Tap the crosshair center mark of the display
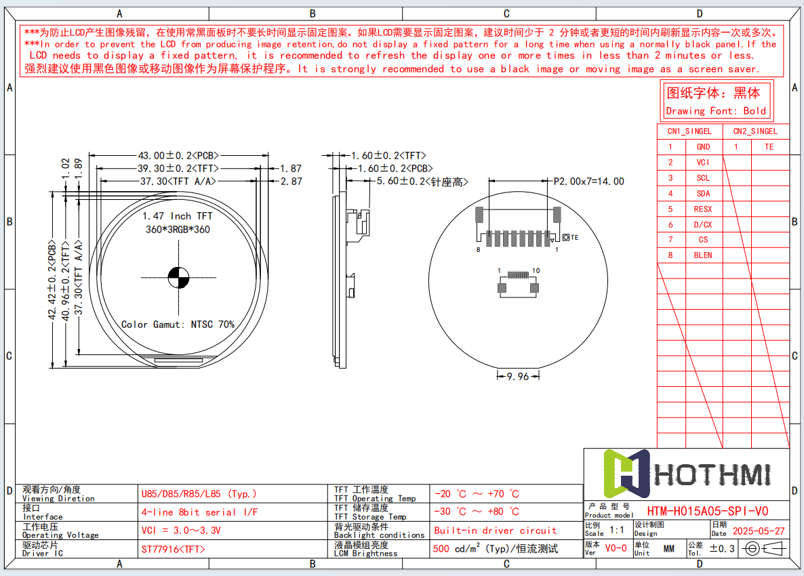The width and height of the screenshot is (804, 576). (178, 276)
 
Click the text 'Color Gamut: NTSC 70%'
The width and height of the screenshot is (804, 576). (178, 325)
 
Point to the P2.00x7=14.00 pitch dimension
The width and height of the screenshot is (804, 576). (588, 181)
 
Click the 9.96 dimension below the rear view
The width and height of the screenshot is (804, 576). (517, 376)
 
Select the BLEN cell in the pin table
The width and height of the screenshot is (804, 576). (703, 255)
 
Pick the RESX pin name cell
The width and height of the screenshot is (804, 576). (703, 209)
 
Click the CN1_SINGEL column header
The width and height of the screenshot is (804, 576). (689, 131)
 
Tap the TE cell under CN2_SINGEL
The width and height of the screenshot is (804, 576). (769, 146)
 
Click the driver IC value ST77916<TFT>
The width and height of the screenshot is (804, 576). (173, 549)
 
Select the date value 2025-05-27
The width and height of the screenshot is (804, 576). (759, 531)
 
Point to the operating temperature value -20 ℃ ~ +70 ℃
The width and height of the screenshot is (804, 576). (477, 494)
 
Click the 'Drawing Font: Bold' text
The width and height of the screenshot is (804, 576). (716, 111)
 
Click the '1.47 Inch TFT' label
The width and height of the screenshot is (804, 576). (177, 216)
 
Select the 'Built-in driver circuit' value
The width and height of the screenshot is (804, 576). (495, 531)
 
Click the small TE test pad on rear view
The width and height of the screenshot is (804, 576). (566, 237)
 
